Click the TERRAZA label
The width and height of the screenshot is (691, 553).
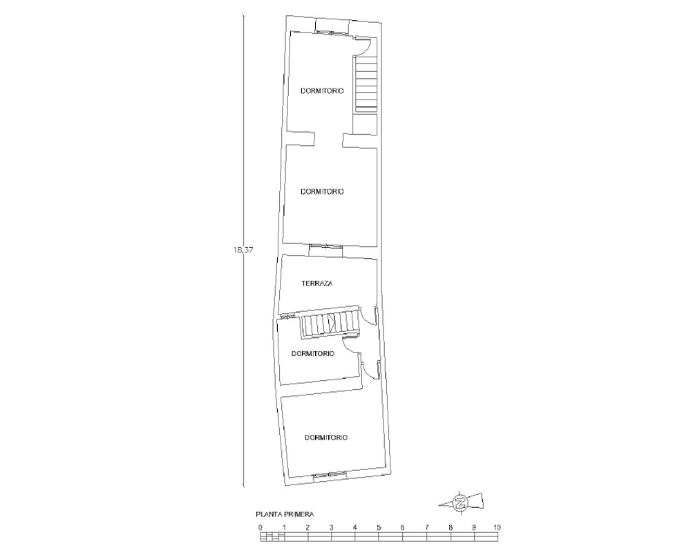point(317,283)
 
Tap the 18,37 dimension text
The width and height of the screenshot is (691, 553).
point(243,250)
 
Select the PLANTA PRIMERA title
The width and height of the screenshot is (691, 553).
point(285,514)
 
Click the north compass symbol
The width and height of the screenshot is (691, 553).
point(461,503)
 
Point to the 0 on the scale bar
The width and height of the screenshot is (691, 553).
point(261,527)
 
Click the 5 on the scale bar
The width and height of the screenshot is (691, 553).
point(379,527)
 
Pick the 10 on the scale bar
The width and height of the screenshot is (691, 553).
point(497,527)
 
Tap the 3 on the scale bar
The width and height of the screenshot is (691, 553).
point(332,527)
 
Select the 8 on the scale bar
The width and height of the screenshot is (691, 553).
point(450,527)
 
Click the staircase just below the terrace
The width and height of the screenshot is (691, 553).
point(330,324)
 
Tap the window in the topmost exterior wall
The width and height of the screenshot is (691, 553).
point(330,31)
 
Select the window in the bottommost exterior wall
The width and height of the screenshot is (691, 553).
point(330,474)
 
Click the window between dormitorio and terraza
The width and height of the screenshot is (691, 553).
point(325,246)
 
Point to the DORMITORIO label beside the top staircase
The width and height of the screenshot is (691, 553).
point(322,91)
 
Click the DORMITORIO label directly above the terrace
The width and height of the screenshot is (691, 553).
point(322,192)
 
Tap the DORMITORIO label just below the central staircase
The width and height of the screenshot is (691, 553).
point(313,354)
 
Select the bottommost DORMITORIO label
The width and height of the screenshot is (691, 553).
point(326,438)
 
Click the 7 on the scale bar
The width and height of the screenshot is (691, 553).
point(426,527)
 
